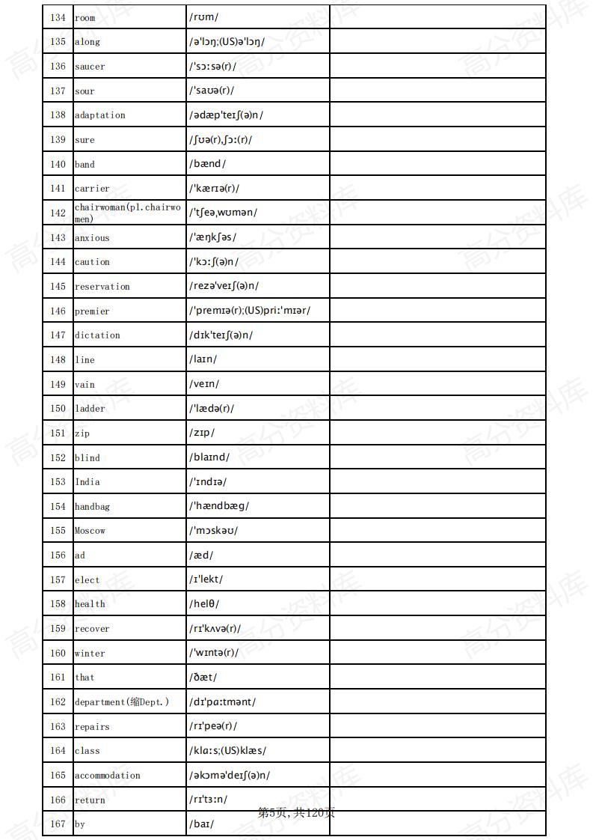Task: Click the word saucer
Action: [90, 67]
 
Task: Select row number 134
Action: [58, 17]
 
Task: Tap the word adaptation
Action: [100, 115]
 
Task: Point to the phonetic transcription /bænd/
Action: [207, 164]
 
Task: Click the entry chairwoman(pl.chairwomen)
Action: [127, 213]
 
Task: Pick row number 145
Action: [58, 287]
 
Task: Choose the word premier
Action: [92, 311]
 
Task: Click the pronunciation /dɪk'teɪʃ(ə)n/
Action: [221, 335]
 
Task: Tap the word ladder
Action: [90, 409]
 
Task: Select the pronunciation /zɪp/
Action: [202, 433]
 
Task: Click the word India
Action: [87, 482]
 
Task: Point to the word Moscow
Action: [90, 531]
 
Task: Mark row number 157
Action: [58, 579]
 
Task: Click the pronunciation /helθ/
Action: [204, 604]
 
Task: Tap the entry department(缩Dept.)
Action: [122, 702]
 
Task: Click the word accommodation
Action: [108, 776]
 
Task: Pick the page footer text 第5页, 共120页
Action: [296, 813]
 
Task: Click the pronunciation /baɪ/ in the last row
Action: [201, 824]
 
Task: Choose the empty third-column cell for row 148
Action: [437, 359]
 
